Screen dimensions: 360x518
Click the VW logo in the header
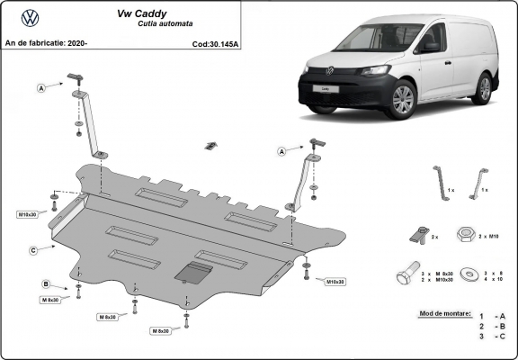click(31, 16)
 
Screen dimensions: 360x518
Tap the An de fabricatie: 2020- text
click(46, 43)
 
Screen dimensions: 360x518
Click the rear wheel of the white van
click(485, 88)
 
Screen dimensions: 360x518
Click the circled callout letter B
click(44, 284)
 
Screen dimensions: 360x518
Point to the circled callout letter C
click(33, 249)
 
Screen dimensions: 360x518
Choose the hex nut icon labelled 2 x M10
click(465, 234)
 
